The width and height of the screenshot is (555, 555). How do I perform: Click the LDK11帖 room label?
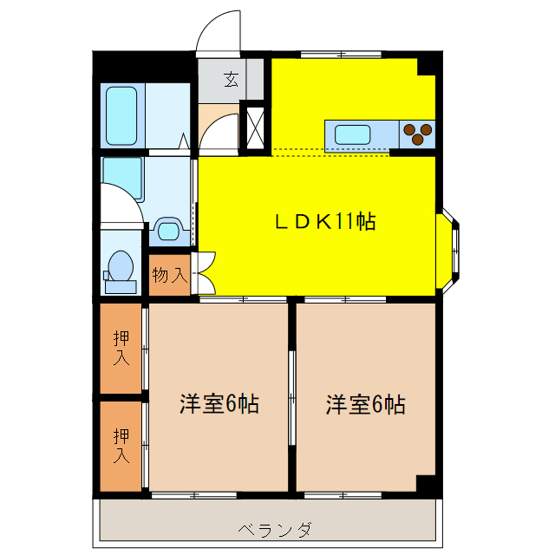tap(325, 222)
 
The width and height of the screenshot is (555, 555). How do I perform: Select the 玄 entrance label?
tap(232, 80)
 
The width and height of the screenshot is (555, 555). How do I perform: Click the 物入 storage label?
tap(169, 276)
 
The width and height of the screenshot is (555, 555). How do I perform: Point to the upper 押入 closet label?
tap(121, 346)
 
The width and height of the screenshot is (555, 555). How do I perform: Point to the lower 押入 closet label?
tap(121, 443)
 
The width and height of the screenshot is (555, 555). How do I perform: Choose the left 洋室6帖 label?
tap(219, 403)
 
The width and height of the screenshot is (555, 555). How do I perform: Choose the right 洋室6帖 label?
tap(365, 403)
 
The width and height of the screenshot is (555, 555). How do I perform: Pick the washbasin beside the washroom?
tap(168, 231)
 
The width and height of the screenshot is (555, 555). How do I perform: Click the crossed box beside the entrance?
tap(256, 126)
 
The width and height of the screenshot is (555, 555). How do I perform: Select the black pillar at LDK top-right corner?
tap(426, 67)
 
